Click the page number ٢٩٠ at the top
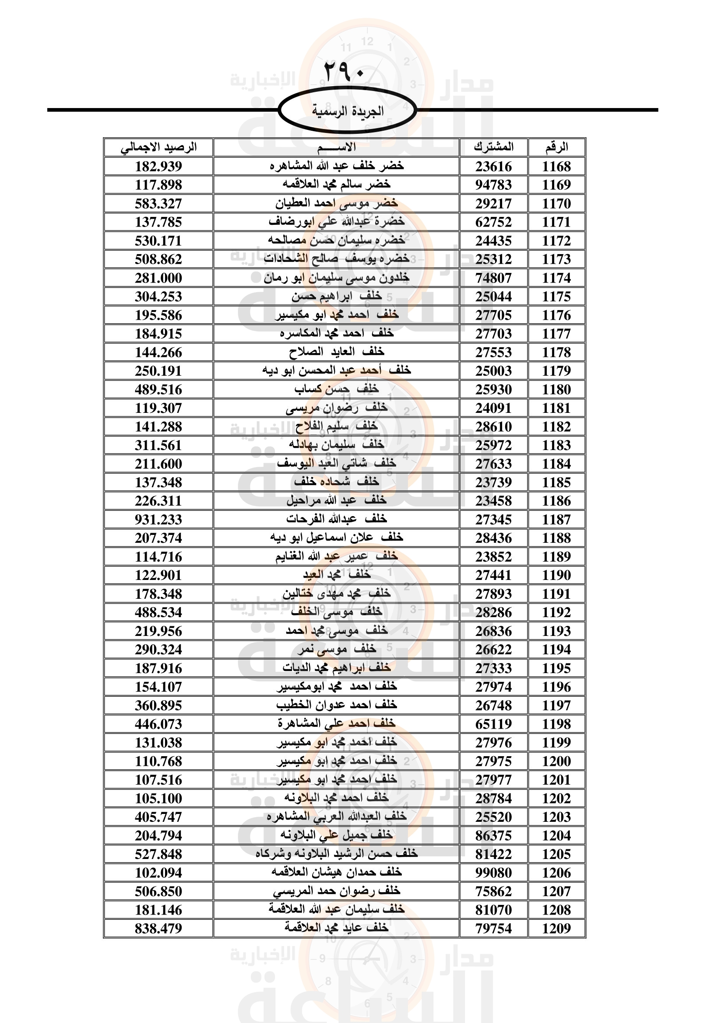pyautogui.click(x=344, y=71)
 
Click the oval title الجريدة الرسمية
pyautogui.click(x=347, y=111)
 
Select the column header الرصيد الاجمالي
pyautogui.click(x=159, y=147)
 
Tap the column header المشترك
pyautogui.click(x=493, y=147)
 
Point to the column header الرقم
pyautogui.click(x=556, y=147)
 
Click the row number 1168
pyautogui.click(x=556, y=167)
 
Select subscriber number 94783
pyautogui.click(x=493, y=185)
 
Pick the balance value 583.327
pyautogui.click(x=159, y=204)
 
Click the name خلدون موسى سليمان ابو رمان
pyautogui.click(x=337, y=278)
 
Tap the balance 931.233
pyautogui.click(x=159, y=520)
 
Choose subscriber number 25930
pyautogui.click(x=493, y=389)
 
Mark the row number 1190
pyautogui.click(x=556, y=575)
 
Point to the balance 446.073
pyautogui.click(x=159, y=724)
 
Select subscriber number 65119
pyautogui.click(x=493, y=724)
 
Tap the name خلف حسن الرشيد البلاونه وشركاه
pyautogui.click(x=337, y=854)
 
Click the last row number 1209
pyautogui.click(x=556, y=929)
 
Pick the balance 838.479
pyautogui.click(x=159, y=929)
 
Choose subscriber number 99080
pyautogui.click(x=493, y=873)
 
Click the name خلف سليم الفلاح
pyautogui.click(x=337, y=427)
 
